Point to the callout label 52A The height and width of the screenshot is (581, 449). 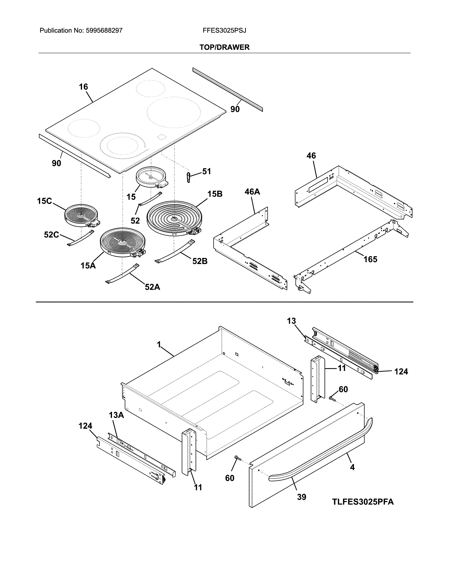pos(152,287)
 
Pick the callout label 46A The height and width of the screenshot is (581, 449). pos(252,192)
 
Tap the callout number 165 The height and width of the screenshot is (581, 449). pos(370,259)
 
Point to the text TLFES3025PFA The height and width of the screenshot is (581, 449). pos(363,502)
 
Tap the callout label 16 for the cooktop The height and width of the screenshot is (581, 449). pos(83,87)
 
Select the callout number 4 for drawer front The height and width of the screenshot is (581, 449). pos(352,467)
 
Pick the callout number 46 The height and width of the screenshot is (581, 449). pos(311,156)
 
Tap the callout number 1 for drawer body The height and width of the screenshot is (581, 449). pos(159,345)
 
